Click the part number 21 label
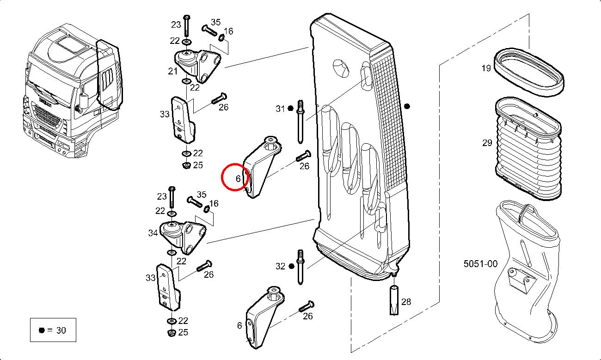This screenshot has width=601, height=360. click(172, 71)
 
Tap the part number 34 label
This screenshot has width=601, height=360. click(153, 233)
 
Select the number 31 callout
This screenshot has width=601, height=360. click(280, 109)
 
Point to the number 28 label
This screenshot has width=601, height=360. click(406, 302)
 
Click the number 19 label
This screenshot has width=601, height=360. click(486, 68)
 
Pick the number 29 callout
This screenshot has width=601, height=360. click(487, 143)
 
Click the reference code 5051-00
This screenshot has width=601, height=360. click(481, 264)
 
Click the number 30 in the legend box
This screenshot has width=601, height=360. click(61, 330)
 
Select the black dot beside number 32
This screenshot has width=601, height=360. click(291, 266)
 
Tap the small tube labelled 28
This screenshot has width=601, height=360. click(394, 301)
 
